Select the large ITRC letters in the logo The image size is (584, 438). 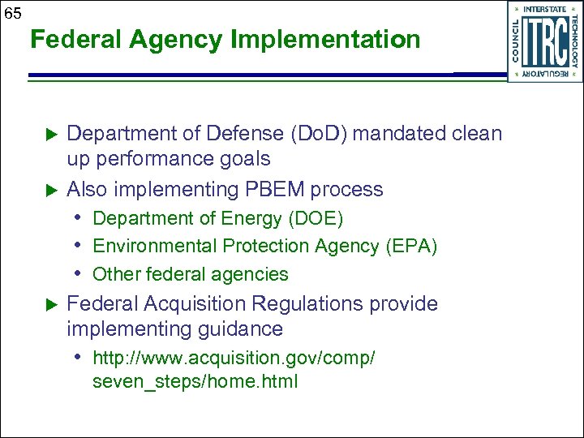pos(544,41)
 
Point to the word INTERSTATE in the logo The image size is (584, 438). pos(545,9)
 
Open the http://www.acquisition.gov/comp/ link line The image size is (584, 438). pos(234,358)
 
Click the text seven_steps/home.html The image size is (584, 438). pos(195,380)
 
